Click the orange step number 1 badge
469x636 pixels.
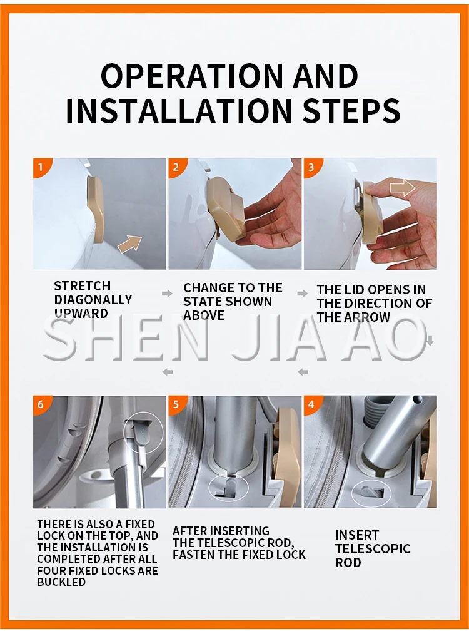pos(40,166)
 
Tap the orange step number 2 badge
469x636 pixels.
pos(176,166)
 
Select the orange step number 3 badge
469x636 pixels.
pos(311,166)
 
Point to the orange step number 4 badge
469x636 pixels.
pos(311,404)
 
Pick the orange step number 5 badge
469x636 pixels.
pos(176,404)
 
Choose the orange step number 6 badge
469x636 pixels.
pos(40,404)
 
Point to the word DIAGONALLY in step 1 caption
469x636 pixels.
pos(93,300)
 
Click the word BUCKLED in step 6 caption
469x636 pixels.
pos(61,582)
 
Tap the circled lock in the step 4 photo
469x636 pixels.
pos(371,491)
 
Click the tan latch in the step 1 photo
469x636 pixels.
pos(97,210)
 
